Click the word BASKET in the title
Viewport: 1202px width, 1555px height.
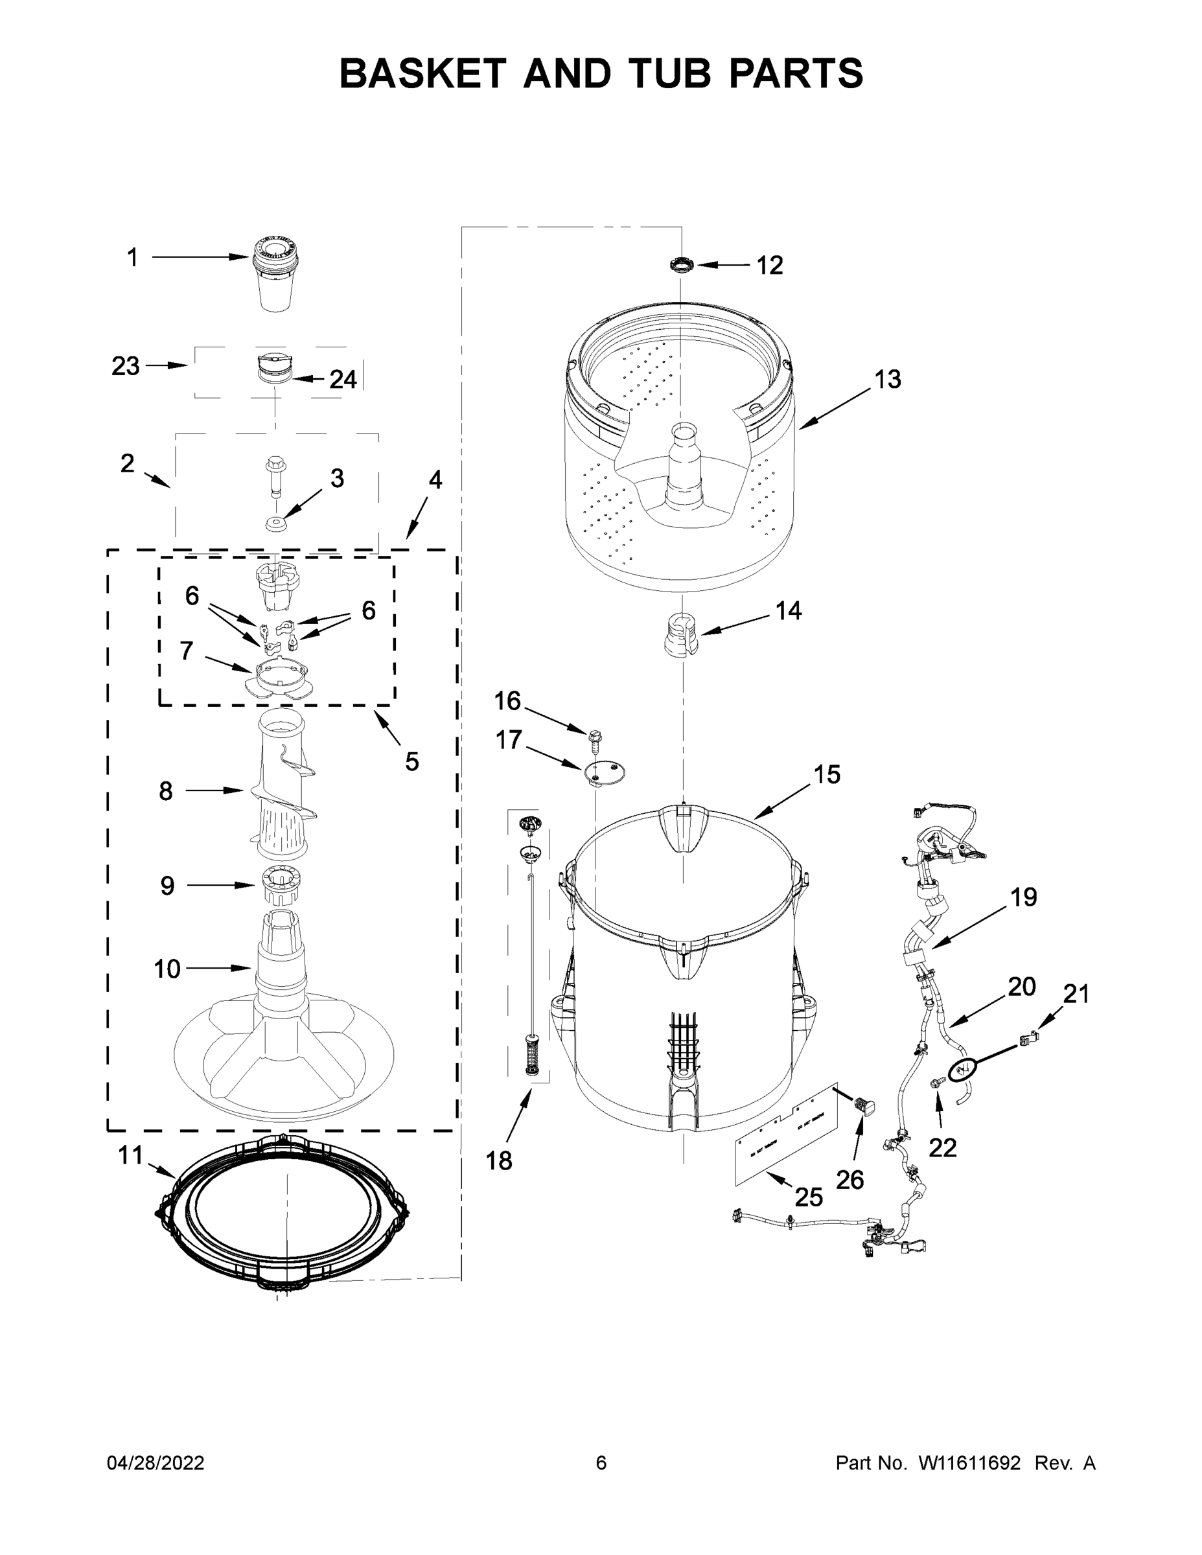tap(422, 73)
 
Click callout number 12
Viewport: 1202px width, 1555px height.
tap(769, 266)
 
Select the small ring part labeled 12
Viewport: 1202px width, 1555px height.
tap(682, 266)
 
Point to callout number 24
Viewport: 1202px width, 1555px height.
tap(343, 380)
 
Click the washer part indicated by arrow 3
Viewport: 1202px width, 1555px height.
tap(275, 525)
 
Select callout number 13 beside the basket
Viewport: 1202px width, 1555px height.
tap(887, 380)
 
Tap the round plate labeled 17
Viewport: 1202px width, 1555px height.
tap(604, 772)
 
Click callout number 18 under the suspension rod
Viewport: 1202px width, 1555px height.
tap(498, 1160)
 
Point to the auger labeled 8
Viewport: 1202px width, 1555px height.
tap(283, 790)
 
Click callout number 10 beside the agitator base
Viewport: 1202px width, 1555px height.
tap(167, 969)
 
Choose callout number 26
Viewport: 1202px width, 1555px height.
tap(849, 1180)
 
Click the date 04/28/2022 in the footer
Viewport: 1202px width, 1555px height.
tap(156, 1463)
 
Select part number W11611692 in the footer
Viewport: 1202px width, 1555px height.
tap(969, 1463)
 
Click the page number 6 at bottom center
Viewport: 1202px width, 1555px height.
tap(601, 1463)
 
